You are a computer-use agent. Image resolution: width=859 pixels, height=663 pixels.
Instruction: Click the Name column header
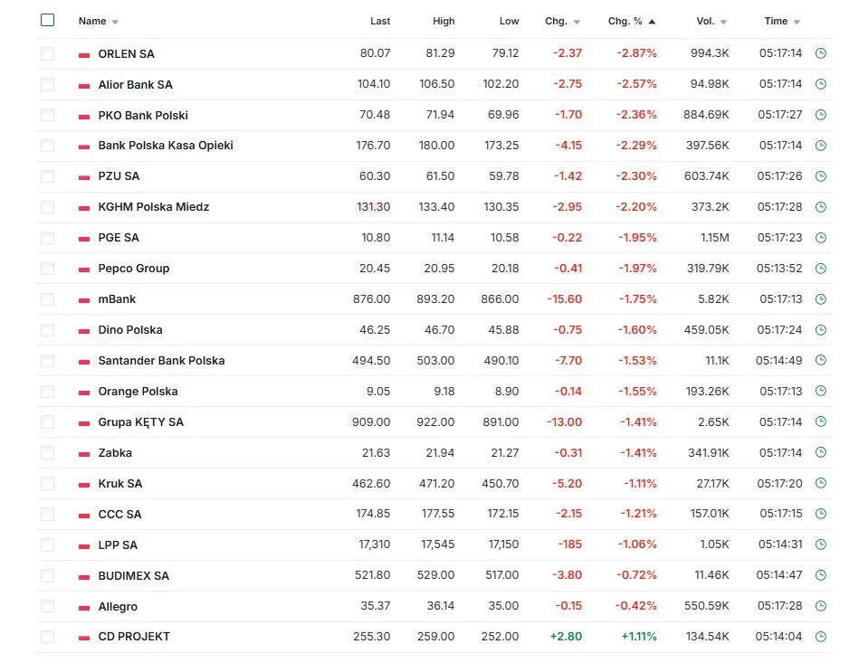(92, 21)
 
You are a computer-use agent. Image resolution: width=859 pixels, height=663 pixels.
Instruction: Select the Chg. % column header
(625, 21)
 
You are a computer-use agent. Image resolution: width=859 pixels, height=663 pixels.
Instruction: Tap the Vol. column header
(705, 21)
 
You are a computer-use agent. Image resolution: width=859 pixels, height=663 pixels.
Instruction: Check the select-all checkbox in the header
(48, 21)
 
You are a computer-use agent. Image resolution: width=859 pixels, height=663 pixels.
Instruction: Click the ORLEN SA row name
(126, 53)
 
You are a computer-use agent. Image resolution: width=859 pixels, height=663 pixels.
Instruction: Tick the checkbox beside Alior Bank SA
(48, 84)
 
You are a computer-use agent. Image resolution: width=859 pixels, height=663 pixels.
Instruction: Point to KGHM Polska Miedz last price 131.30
(373, 207)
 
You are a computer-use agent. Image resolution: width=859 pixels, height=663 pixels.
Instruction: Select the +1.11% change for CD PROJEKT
(638, 637)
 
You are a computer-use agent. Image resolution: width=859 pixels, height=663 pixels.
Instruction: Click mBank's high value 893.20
(437, 299)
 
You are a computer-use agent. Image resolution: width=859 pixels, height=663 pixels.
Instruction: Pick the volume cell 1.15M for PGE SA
(713, 238)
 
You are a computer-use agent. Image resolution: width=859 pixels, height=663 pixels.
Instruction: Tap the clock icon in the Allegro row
(821, 606)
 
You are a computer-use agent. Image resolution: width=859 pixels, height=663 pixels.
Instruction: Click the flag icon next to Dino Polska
(84, 330)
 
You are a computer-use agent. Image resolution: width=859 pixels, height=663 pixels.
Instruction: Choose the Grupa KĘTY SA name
(140, 422)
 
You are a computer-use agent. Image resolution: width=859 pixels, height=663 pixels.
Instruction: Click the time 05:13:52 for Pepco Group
(780, 269)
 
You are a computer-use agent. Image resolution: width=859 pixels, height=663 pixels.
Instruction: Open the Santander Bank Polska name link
(161, 361)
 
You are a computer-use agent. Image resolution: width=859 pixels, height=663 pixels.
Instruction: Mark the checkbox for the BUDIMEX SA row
(48, 575)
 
